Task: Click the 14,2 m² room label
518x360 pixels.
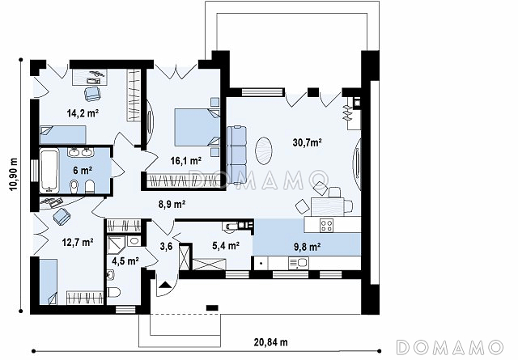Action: click(83, 113)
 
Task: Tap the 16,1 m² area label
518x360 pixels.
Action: click(186, 161)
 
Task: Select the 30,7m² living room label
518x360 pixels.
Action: click(308, 142)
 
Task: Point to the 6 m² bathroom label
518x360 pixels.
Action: click(83, 171)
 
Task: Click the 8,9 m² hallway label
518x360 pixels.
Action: click(172, 205)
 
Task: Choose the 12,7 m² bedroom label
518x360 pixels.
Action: click(78, 243)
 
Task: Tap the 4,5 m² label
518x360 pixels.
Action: click(125, 261)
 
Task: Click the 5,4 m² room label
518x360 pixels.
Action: click(226, 245)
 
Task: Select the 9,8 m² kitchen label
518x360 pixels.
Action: click(308, 247)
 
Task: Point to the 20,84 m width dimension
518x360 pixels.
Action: click(271, 342)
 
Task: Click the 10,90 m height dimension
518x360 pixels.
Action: click(13, 174)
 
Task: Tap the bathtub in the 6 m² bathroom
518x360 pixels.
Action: click(49, 171)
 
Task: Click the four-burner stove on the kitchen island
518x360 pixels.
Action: click(326, 226)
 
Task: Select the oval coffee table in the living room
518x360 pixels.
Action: click(264, 150)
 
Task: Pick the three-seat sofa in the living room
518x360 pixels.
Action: click(237, 155)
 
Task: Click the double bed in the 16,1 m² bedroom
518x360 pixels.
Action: click(197, 128)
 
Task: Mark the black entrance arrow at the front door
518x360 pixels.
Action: click(165, 286)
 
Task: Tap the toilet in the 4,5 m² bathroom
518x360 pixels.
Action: click(114, 292)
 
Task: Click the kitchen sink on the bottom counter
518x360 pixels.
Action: click(299, 263)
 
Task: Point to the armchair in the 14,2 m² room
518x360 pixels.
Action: click(92, 94)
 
